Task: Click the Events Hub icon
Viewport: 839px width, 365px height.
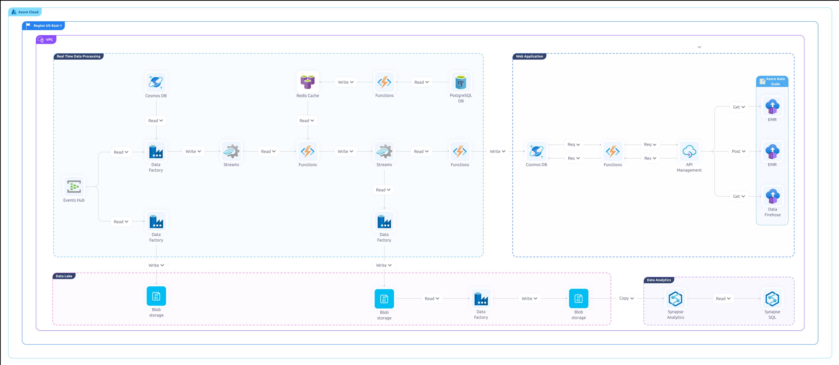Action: (74, 186)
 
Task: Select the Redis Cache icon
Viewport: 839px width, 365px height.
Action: (307, 82)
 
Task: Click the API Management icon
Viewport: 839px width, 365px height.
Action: (689, 151)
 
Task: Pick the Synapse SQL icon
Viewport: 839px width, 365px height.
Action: (772, 299)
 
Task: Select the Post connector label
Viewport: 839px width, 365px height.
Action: (738, 151)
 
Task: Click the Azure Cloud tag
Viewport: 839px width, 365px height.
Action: (25, 12)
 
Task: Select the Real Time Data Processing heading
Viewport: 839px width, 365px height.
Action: (78, 56)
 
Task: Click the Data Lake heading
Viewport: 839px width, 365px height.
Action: (64, 276)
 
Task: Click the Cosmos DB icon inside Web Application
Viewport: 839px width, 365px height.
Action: (536, 151)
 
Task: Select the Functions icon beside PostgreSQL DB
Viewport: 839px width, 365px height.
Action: (384, 82)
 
